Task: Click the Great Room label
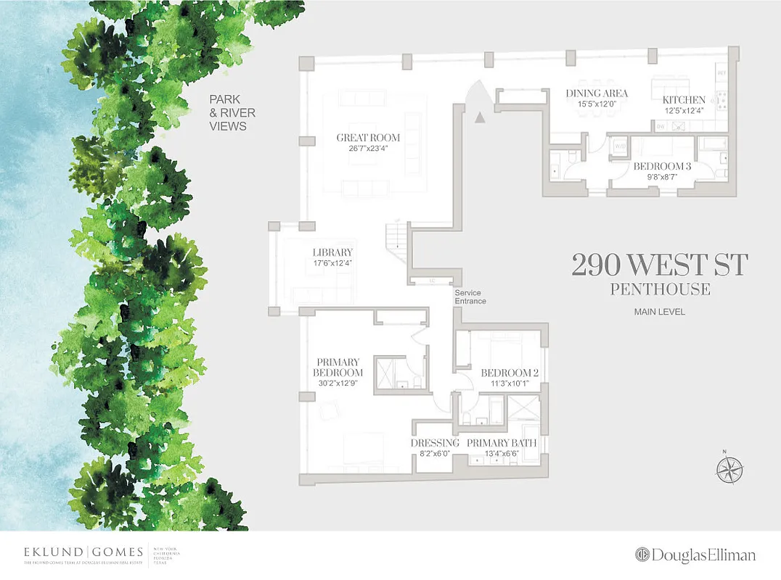(368, 138)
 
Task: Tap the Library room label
(332, 252)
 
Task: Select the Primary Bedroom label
(338, 367)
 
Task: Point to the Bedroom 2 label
(510, 373)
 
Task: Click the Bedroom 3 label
(662, 166)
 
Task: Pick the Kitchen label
(683, 100)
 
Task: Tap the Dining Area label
(597, 94)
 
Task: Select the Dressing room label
(435, 443)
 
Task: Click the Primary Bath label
(502, 443)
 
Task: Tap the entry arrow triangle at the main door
(479, 117)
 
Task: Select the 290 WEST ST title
(659, 265)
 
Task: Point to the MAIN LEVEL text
(660, 312)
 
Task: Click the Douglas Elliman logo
(695, 555)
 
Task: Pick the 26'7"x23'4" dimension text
(368, 151)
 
